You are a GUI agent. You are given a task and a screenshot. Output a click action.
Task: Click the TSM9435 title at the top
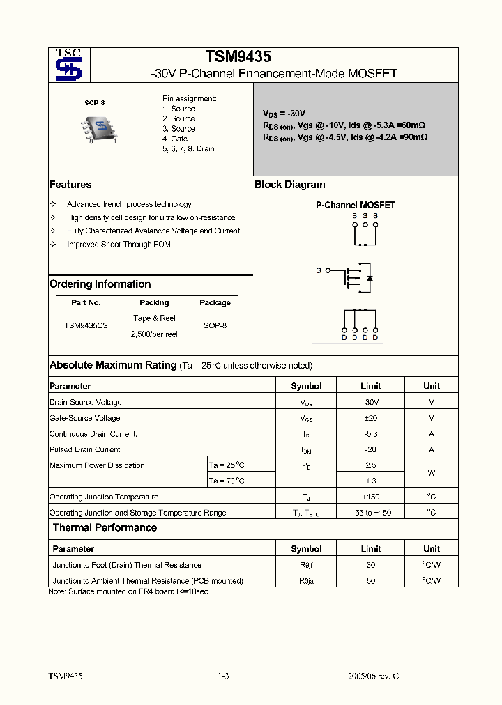click(238, 57)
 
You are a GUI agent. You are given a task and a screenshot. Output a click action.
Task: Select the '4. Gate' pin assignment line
click(175, 139)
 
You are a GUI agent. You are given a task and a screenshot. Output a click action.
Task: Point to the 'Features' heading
click(70, 185)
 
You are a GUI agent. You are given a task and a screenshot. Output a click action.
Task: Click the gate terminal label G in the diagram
click(319, 270)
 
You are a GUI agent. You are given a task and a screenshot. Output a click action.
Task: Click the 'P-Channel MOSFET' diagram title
click(356, 206)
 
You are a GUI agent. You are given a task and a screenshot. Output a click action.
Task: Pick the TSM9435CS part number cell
click(86, 325)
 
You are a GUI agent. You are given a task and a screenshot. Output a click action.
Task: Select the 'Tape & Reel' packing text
click(154, 318)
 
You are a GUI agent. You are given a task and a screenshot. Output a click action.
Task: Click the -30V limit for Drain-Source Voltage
click(371, 402)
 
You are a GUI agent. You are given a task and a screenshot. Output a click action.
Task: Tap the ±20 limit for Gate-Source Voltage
click(371, 418)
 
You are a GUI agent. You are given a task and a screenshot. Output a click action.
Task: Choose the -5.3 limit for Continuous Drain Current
click(371, 434)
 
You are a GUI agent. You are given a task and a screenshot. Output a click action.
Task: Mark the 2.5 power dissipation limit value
click(371, 465)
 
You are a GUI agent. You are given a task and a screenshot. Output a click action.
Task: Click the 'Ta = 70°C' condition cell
click(227, 481)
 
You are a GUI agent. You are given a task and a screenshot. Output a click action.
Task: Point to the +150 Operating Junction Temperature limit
click(371, 497)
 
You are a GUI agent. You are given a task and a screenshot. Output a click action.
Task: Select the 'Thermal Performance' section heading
click(105, 528)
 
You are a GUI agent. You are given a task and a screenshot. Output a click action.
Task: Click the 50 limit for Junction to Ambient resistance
click(371, 580)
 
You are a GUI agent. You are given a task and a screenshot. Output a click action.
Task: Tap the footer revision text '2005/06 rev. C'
click(373, 676)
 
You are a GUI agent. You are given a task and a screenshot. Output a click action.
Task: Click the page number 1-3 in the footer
click(223, 676)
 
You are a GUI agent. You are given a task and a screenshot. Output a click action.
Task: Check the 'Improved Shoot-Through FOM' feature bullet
click(119, 244)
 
